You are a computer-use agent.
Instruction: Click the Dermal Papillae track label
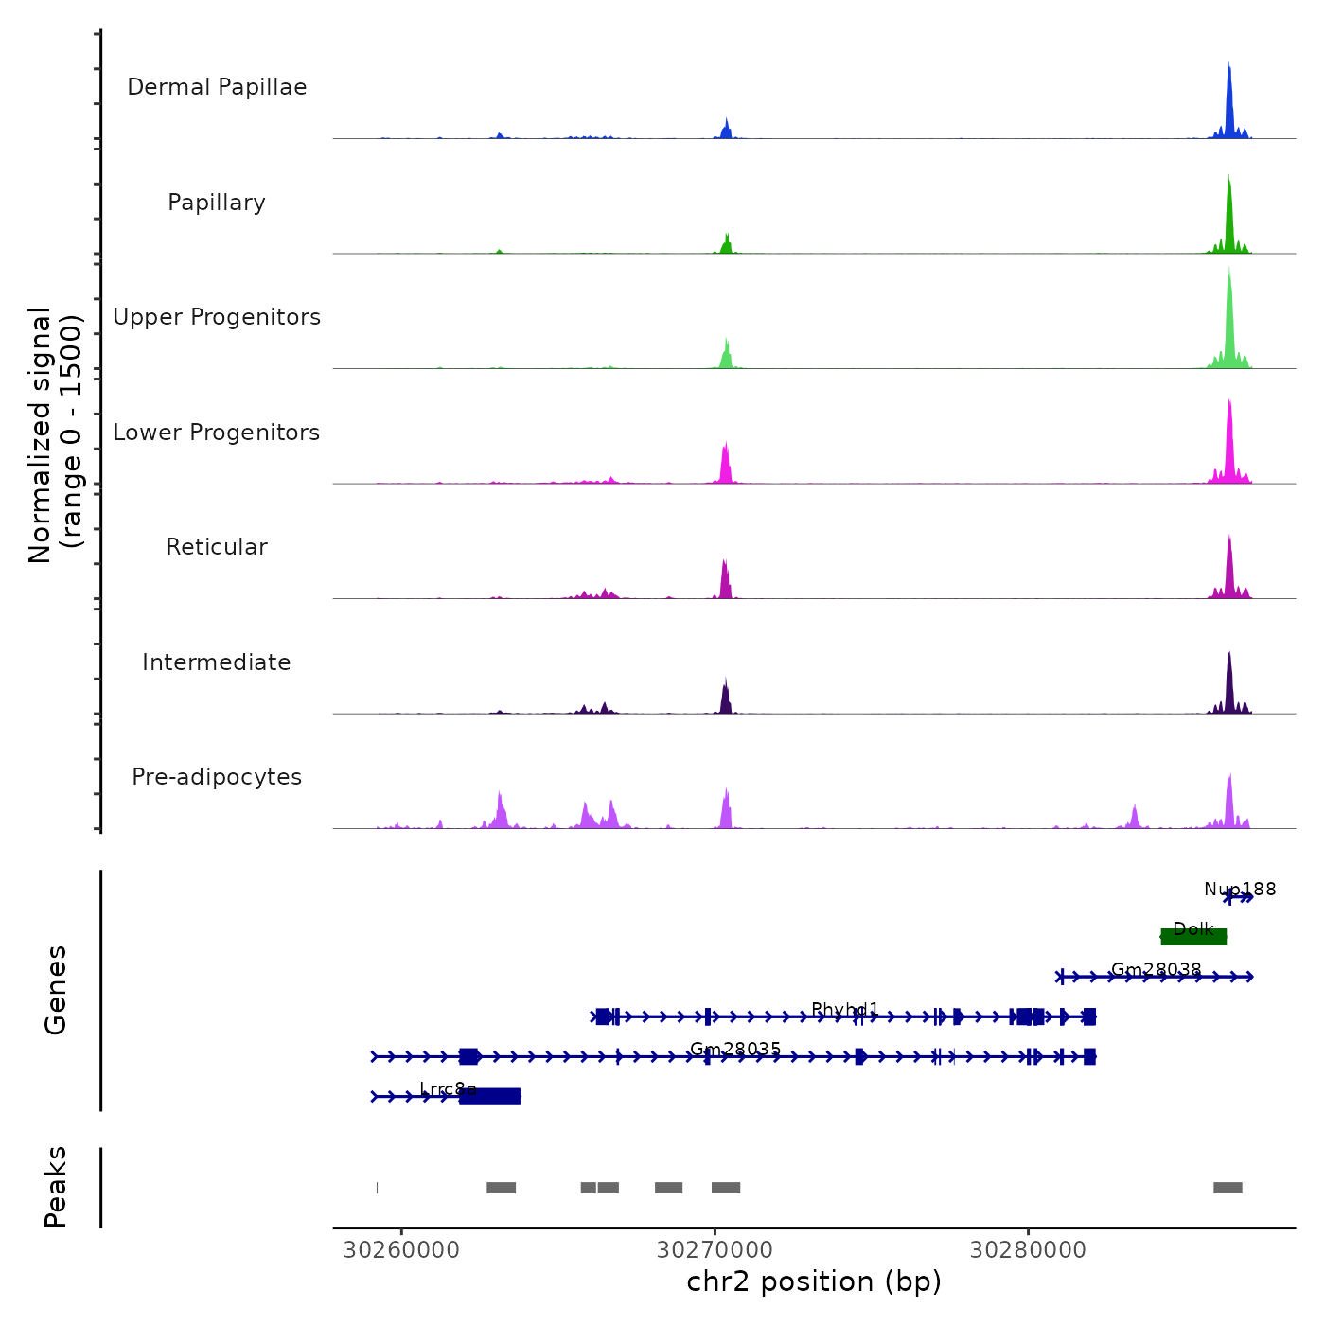[x=217, y=87]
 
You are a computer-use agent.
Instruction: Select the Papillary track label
[x=217, y=203]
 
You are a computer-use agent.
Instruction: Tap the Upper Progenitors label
[x=217, y=317]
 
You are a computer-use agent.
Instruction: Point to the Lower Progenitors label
[x=217, y=433]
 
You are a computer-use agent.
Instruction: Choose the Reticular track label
[x=217, y=547]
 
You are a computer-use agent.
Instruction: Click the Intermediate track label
[x=217, y=662]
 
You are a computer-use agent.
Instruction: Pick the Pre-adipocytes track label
[x=217, y=777]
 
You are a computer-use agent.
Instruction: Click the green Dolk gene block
[x=1193, y=937]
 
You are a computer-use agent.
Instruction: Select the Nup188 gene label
[x=1240, y=890]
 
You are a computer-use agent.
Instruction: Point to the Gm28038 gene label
[x=1156, y=970]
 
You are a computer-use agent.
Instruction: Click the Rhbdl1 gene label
[x=845, y=1010]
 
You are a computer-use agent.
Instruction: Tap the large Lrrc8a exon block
[x=489, y=1096]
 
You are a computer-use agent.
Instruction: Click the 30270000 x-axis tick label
[x=715, y=1250]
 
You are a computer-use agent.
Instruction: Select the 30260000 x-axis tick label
[x=401, y=1250]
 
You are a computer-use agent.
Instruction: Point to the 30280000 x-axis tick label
[x=1028, y=1250]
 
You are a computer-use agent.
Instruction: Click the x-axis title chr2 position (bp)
[x=814, y=1281]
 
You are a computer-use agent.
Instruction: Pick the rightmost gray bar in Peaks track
[x=1228, y=1188]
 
